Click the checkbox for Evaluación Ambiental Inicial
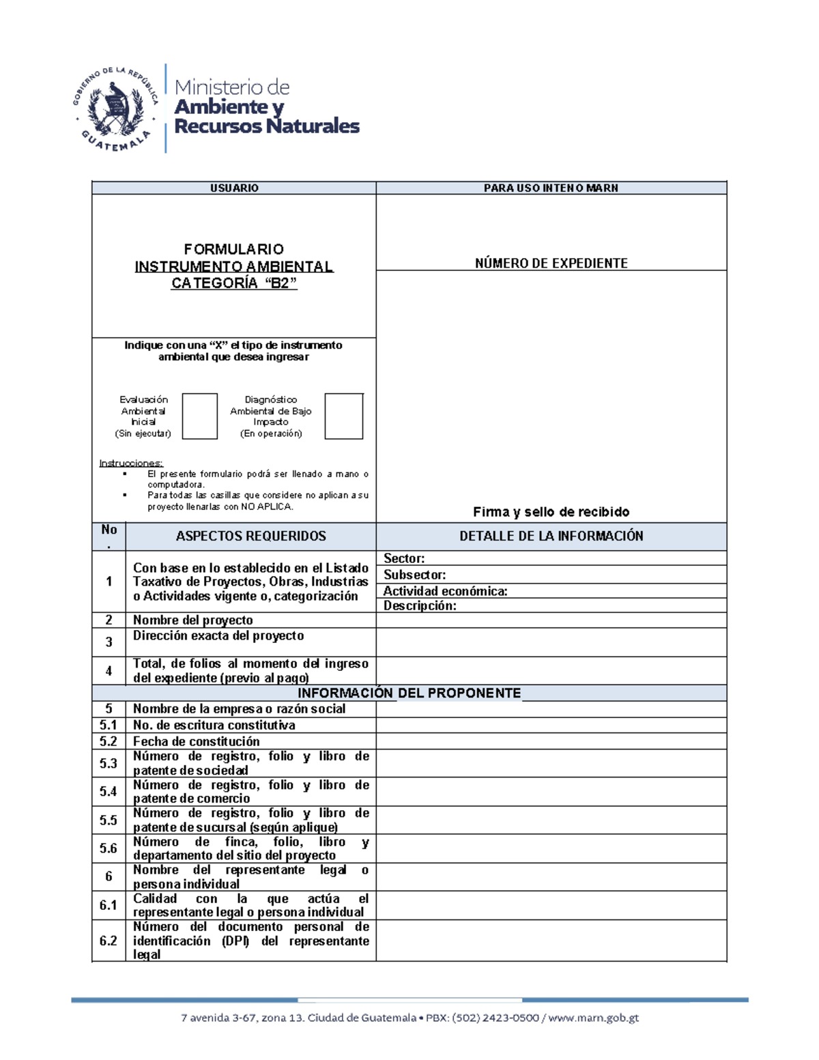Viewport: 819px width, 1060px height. (199, 416)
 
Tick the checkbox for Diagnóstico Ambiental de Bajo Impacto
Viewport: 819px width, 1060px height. (343, 416)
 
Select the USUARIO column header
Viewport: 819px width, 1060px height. (234, 188)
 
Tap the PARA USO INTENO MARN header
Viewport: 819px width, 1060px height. (551, 188)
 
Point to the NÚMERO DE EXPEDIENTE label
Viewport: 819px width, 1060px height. (551, 263)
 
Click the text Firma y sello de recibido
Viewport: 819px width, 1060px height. (551, 512)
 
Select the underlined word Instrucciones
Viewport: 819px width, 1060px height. (131, 463)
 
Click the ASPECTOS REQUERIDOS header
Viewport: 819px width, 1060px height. (250, 536)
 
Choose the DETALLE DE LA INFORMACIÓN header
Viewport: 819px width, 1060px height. (551, 536)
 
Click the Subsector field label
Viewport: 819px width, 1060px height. (414, 575)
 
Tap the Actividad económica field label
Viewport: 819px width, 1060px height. (445, 591)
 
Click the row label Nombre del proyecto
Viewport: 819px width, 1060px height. (192, 620)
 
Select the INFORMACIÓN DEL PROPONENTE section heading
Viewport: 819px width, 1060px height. (409, 693)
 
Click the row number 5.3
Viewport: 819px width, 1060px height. (109, 763)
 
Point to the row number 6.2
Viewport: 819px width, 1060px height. (109, 941)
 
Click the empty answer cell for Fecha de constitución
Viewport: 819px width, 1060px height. (551, 741)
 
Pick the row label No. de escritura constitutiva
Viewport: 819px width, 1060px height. (214, 725)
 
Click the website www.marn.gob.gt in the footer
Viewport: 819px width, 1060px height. (593, 1018)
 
